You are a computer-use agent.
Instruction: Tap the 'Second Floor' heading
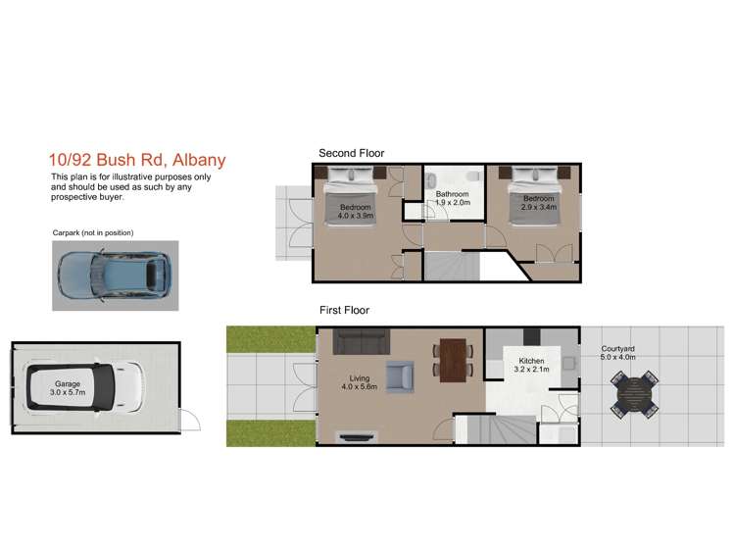click(x=351, y=153)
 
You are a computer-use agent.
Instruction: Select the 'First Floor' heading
click(x=344, y=310)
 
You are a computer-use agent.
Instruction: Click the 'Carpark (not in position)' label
click(x=92, y=232)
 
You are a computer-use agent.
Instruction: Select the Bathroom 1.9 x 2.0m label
click(x=453, y=199)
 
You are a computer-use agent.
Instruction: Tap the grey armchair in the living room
click(x=401, y=377)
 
